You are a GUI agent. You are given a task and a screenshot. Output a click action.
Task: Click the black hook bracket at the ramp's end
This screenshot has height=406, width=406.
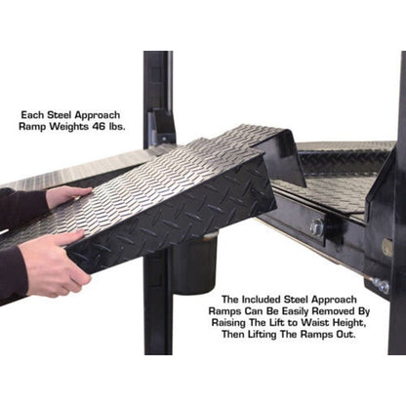coord(279,157)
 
